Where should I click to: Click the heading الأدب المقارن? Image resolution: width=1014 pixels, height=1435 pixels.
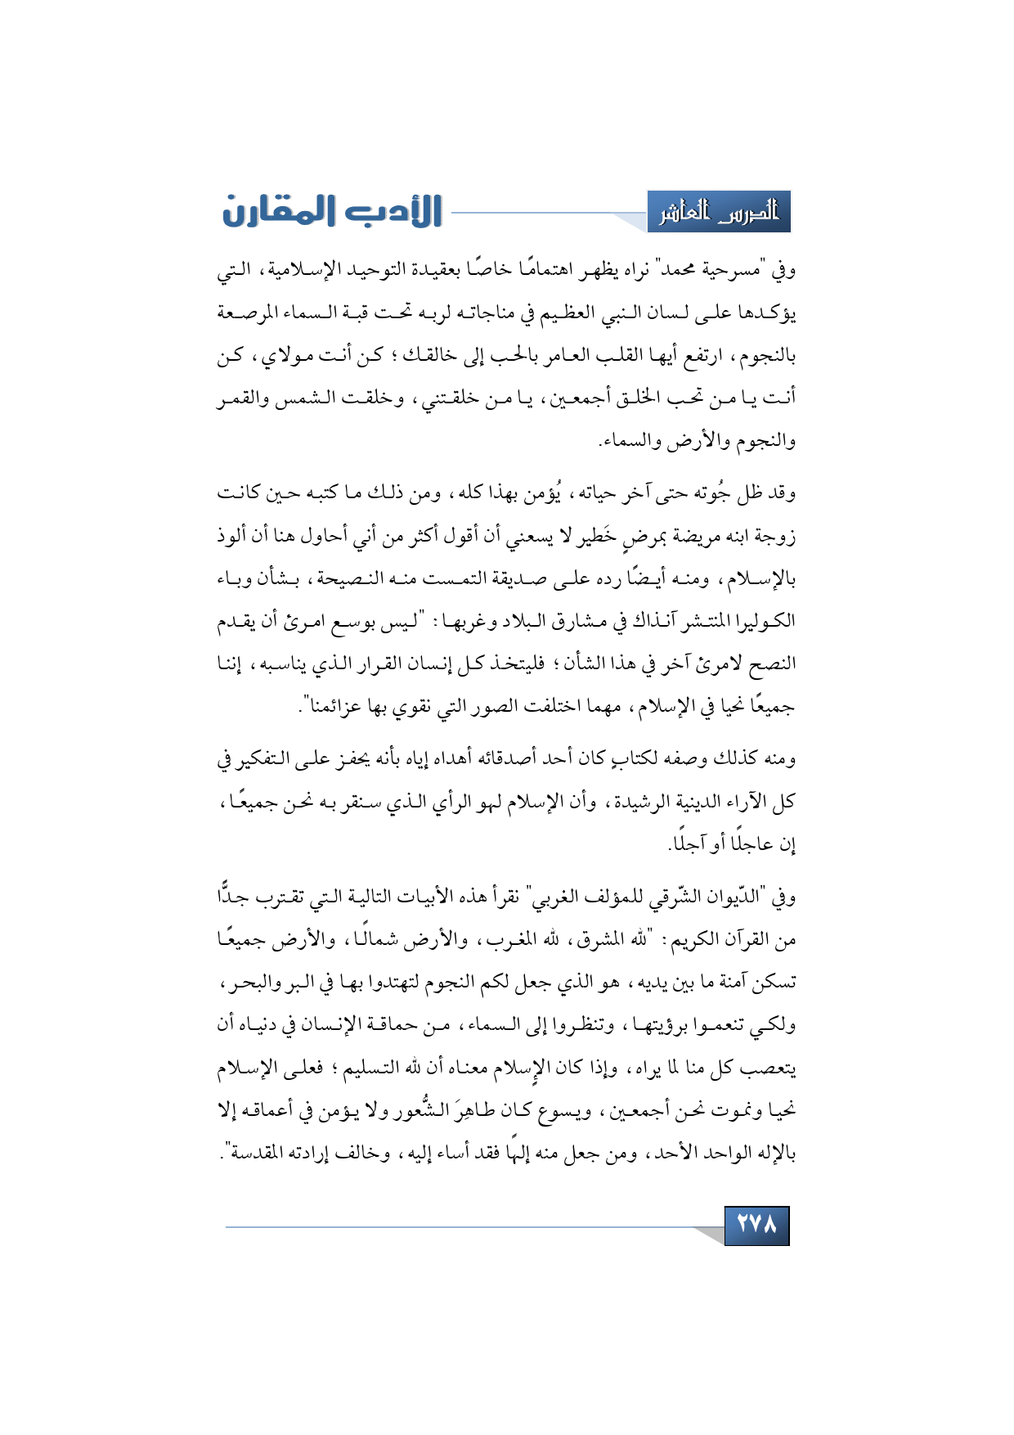click(x=332, y=211)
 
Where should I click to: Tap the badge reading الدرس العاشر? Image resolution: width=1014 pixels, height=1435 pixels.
click(x=719, y=213)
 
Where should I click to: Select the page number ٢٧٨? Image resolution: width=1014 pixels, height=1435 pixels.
click(x=756, y=1225)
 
